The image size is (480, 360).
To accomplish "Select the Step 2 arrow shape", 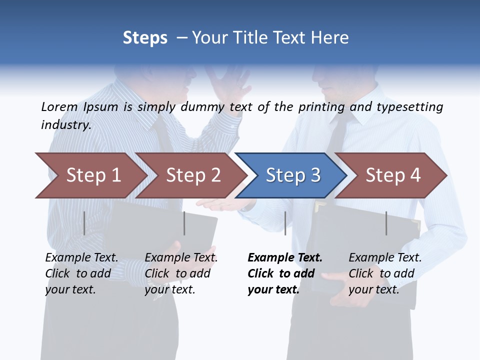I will (x=192, y=175).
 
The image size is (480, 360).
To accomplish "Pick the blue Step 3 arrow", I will (x=292, y=175).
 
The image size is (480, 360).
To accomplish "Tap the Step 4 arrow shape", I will (x=392, y=175).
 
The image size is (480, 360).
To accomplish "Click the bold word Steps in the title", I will (x=145, y=37).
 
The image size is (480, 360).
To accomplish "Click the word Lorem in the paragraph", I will (x=59, y=106).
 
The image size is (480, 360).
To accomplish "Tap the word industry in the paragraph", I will (x=66, y=124).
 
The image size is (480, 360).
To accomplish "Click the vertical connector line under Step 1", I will (x=84, y=223).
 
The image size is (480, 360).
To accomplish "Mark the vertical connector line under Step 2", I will (x=184, y=223).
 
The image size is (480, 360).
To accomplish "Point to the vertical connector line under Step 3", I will (x=285, y=223).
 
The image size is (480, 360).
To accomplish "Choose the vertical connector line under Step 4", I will (x=386, y=223).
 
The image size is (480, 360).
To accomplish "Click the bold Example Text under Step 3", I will (x=285, y=257).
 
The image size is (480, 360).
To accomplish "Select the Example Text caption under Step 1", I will (x=82, y=257).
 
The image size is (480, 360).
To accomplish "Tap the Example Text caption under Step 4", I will (x=385, y=257).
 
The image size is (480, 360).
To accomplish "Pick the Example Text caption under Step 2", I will (x=181, y=257).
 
